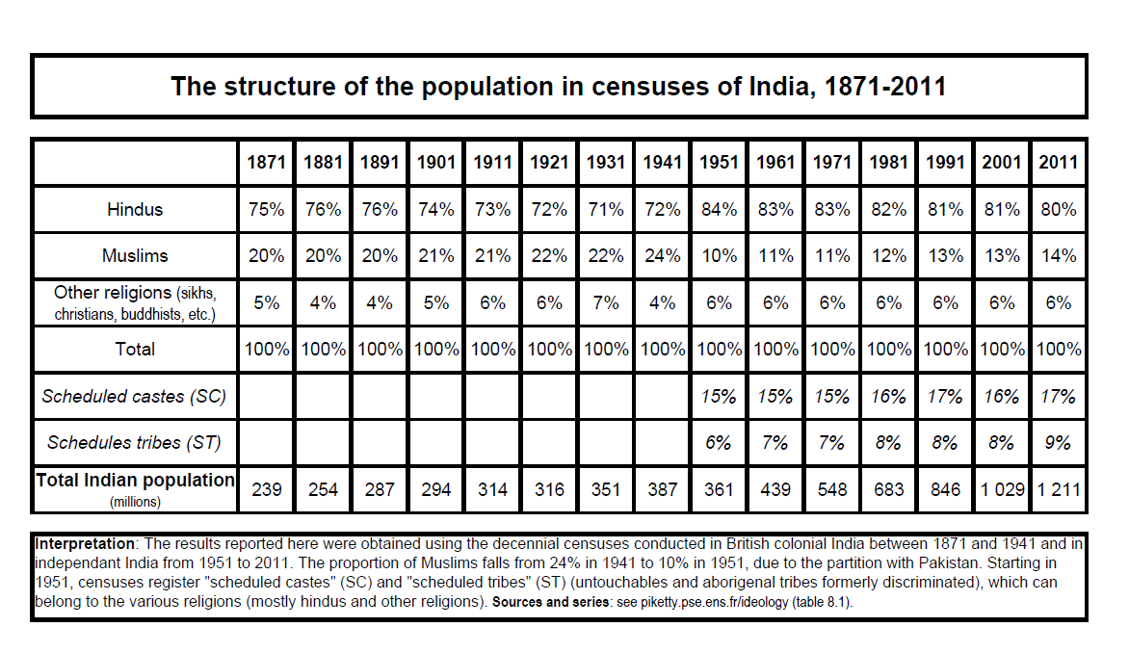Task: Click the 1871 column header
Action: (267, 162)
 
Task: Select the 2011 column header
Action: (1059, 162)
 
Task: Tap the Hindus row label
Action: (135, 210)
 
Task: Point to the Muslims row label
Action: (135, 255)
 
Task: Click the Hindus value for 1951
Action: (719, 210)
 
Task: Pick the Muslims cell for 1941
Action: (663, 255)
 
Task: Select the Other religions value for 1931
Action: (606, 302)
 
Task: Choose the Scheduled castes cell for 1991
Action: (945, 396)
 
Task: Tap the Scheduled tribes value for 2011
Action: (1058, 442)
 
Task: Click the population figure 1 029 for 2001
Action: (1002, 489)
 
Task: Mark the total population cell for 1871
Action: (267, 489)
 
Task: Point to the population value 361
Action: (719, 489)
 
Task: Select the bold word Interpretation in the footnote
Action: (84, 544)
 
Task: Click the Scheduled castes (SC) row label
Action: (134, 396)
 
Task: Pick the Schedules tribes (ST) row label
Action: (134, 442)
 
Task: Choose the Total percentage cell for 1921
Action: (549, 350)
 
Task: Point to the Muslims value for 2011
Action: (1059, 255)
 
